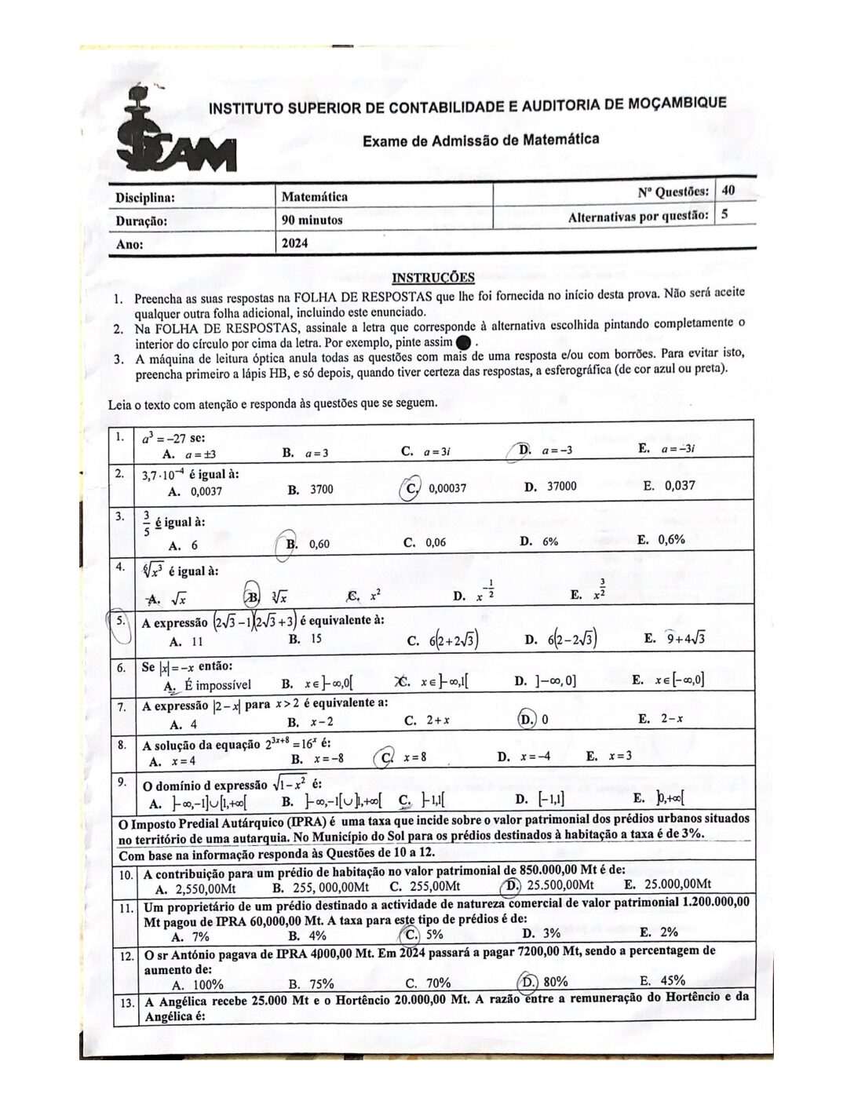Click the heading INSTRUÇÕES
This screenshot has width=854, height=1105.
point(432,277)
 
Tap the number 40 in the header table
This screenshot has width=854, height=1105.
point(728,190)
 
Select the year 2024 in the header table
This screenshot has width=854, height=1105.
point(295,243)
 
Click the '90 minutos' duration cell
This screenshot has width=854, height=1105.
point(312,220)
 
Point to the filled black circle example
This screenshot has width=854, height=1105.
point(463,342)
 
